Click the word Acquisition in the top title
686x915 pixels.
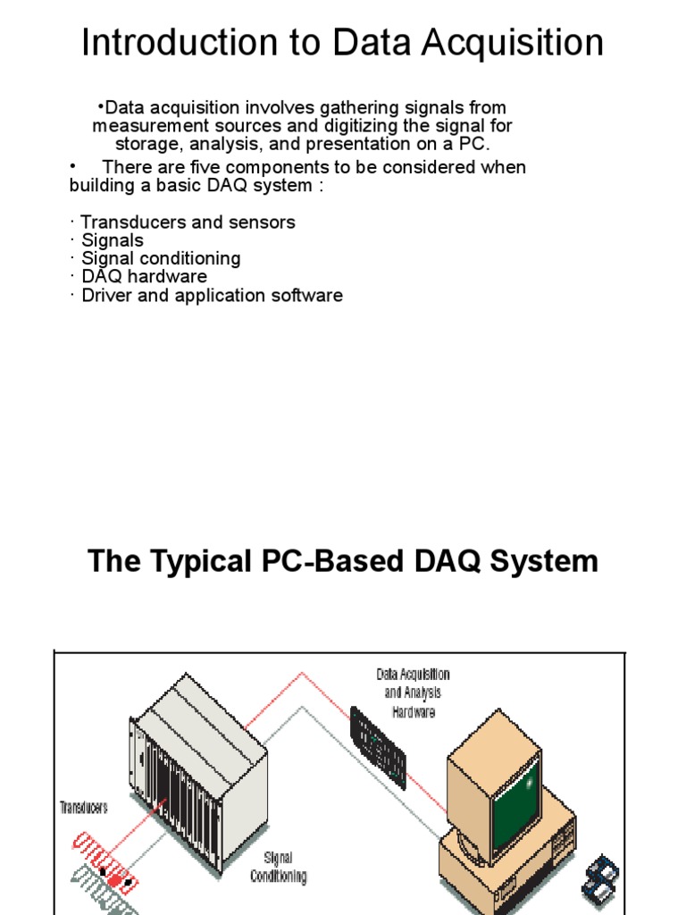(507, 43)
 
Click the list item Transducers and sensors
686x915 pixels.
(188, 222)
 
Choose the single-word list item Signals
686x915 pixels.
(112, 239)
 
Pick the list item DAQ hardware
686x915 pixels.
(144, 276)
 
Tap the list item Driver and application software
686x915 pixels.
(212, 295)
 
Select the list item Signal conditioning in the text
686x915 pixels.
(161, 258)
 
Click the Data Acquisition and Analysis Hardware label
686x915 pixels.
(413, 693)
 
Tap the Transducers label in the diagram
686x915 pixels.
(83, 807)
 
